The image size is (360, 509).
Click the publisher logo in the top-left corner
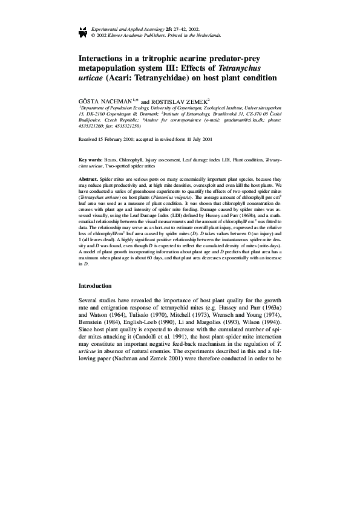pos(83,32)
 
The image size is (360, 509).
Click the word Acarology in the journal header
pos(149,29)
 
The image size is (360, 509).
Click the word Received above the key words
pos(89,139)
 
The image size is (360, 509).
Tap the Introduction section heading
pos(97,285)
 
